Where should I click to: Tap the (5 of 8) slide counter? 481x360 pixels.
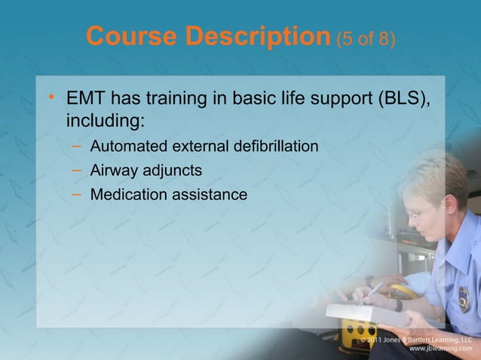tap(366, 38)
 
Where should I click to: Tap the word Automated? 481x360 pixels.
tap(129, 145)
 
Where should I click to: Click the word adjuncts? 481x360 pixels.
tap(173, 170)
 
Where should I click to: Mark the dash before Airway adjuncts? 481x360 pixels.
tap(78, 169)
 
